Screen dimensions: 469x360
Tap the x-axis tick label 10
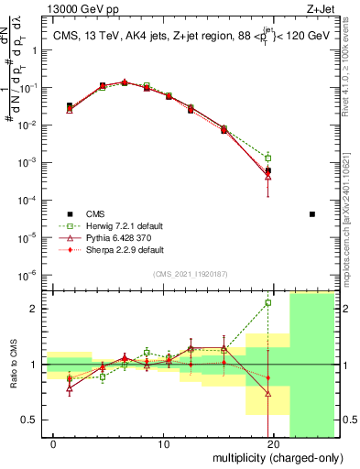[163, 444]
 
